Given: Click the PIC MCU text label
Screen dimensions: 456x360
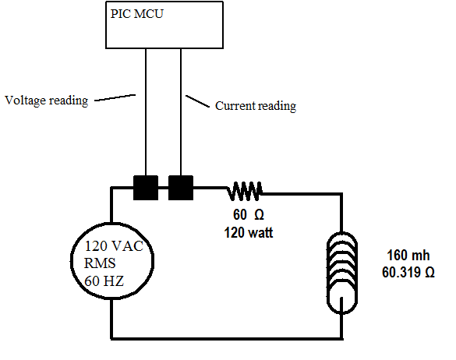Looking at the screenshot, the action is [137, 14].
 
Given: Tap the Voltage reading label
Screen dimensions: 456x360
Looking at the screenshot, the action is [47, 101].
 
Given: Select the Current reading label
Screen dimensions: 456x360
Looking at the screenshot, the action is [256, 106].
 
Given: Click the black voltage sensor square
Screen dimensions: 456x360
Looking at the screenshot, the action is [146, 188].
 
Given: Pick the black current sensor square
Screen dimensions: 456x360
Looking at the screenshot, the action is [181, 188].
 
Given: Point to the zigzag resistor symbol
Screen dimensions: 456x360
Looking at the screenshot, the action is [245, 191].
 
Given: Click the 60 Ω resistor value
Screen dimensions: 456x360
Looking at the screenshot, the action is [249, 214].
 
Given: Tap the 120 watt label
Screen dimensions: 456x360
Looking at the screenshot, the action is [249, 233].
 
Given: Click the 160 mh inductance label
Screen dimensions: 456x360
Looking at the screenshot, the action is [408, 255].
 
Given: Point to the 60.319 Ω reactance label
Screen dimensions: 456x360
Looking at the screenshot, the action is [408, 273].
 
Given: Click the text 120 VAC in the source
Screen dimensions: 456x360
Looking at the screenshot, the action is [114, 246].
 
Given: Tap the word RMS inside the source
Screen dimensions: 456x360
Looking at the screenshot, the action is [100, 263].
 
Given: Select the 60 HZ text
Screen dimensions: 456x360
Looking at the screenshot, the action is [104, 281].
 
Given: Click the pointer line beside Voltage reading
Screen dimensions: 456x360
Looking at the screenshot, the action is [115, 97].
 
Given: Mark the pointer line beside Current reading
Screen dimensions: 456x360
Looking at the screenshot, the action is [197, 101].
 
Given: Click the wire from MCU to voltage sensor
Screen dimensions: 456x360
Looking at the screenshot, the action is [146, 112].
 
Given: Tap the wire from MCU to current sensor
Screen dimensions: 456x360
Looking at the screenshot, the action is [181, 112].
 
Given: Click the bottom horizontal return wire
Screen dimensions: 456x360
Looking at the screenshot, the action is [227, 338].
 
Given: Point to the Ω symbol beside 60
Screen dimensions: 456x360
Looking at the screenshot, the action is [259, 214].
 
